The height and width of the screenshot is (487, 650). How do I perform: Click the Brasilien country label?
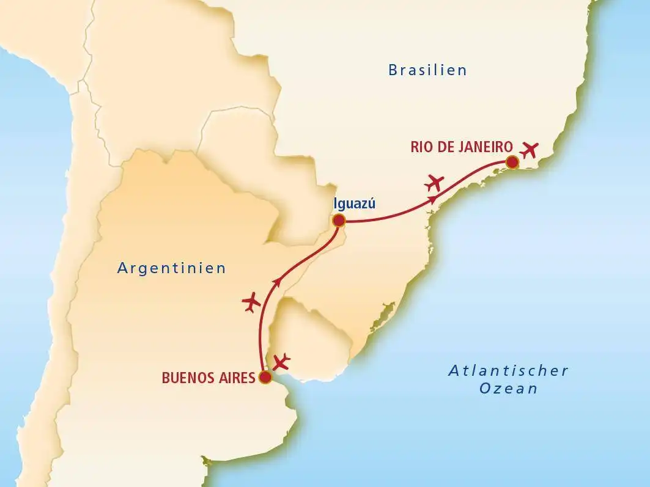[x=427, y=70]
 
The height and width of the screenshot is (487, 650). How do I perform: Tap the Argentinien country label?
[x=172, y=268]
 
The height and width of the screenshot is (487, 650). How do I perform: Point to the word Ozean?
[x=508, y=389]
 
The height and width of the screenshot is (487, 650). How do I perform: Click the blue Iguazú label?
[x=354, y=205]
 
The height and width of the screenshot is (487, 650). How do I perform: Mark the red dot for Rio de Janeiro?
[x=511, y=162]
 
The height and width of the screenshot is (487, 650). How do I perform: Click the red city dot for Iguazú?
[x=339, y=221]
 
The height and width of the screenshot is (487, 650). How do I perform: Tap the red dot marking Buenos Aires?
[x=265, y=378]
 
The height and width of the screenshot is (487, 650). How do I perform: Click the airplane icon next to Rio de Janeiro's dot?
[x=530, y=148]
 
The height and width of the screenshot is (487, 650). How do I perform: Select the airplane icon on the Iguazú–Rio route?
[x=435, y=181]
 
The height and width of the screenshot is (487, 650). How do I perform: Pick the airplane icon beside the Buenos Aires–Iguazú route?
[x=251, y=302]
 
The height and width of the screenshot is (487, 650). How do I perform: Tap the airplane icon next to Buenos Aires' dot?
[x=281, y=362]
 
